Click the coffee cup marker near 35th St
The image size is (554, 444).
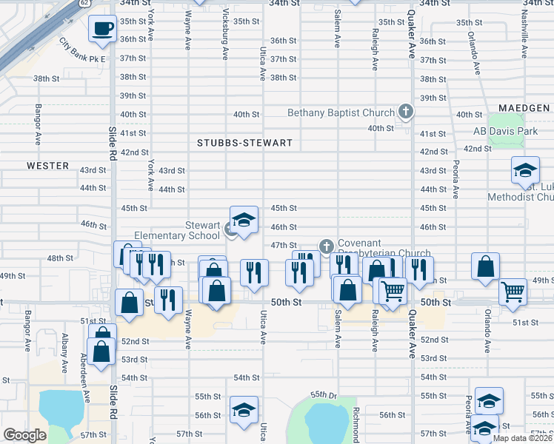tap(102, 29)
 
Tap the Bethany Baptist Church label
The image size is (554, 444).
tap(341, 113)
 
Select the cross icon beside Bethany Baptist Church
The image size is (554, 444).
tap(405, 112)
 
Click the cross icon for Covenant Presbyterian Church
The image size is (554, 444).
tap(325, 246)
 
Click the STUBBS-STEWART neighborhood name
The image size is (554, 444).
tap(244, 142)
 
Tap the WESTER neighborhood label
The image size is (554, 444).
tap(47, 166)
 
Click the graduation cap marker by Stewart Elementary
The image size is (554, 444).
tap(244, 220)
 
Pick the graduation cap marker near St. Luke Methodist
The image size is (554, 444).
tap(525, 171)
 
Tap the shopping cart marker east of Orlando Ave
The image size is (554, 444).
tap(513, 292)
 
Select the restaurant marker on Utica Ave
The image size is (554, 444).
tap(254, 273)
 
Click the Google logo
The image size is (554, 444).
tap(25, 435)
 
